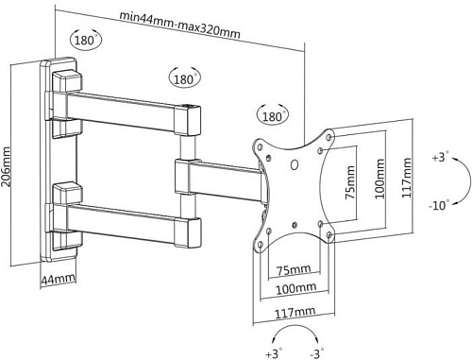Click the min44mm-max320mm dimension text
tap(179, 26)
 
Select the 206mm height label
tap(6, 166)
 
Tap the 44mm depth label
tap(59, 279)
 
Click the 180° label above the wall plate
tap(85, 41)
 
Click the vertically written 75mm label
tap(349, 182)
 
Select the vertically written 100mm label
tap(379, 179)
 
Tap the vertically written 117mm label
tap(406, 178)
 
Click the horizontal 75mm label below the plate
tap(294, 269)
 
